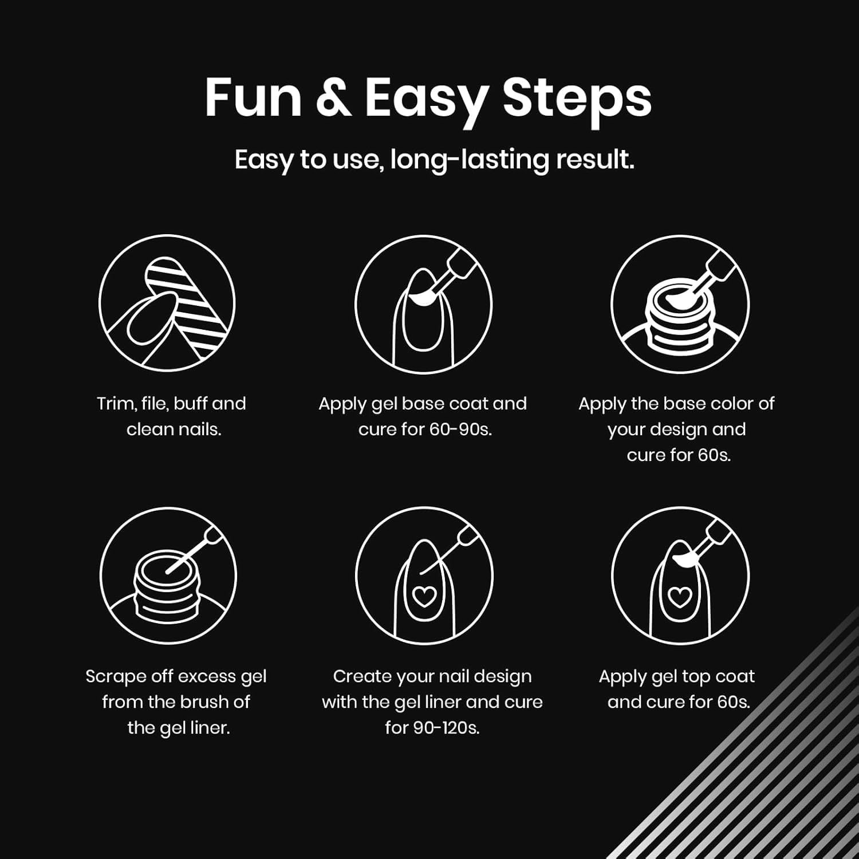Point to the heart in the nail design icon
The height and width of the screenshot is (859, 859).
(x=424, y=597)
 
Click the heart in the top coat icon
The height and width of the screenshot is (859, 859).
(x=680, y=597)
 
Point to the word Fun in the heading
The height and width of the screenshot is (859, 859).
(x=253, y=98)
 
